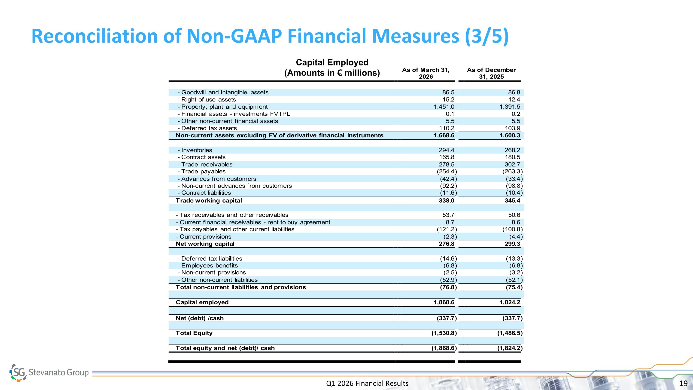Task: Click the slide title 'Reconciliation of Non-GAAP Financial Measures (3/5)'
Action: pyautogui.click(x=270, y=36)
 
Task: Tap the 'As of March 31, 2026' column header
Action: pyautogui.click(x=426, y=73)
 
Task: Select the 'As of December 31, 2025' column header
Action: pyautogui.click(x=491, y=73)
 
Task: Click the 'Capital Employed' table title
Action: pyautogui.click(x=332, y=62)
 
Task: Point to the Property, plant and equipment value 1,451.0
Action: pyautogui.click(x=444, y=107)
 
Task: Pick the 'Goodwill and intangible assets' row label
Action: pyautogui.click(x=223, y=92)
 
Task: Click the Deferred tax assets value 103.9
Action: pyautogui.click(x=513, y=128)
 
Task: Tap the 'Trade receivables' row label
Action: pyautogui.click(x=205, y=164)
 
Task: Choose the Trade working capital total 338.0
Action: pyautogui.click(x=447, y=200)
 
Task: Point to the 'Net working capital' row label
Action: pyautogui.click(x=205, y=244)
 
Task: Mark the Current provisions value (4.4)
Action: pyautogui.click(x=516, y=236)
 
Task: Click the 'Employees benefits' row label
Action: pyautogui.click(x=208, y=266)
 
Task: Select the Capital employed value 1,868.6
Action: pyautogui.click(x=444, y=302)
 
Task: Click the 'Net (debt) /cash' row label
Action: pyautogui.click(x=200, y=318)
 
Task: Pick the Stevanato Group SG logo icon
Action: pyautogui.click(x=18, y=372)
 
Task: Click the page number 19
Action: pyautogui.click(x=683, y=383)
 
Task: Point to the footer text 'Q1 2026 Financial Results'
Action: pyautogui.click(x=367, y=383)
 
